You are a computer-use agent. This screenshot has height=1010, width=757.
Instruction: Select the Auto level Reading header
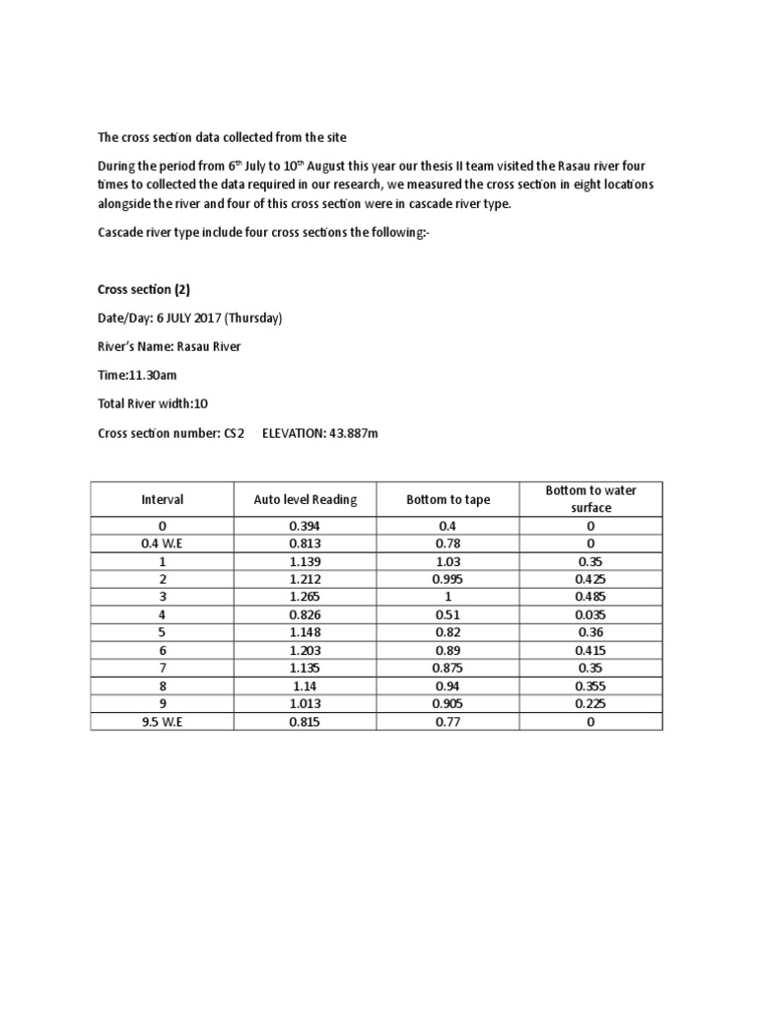coord(306,500)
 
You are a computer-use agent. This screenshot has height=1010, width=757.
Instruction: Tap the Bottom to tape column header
coord(448,500)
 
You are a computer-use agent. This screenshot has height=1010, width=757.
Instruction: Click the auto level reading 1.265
coord(306,597)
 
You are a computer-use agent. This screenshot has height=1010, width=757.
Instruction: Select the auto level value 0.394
coord(306,526)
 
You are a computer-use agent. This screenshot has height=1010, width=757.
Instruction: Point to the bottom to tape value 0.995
coord(448,579)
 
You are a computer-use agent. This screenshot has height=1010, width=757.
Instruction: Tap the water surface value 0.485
coord(591,597)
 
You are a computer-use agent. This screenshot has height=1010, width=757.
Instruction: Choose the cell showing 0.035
coord(591,614)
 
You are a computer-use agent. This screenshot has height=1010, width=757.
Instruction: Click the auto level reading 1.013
coord(306,704)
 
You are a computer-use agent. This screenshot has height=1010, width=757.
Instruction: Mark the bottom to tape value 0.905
coord(448,704)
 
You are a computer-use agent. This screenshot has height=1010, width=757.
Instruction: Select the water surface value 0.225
coord(591,704)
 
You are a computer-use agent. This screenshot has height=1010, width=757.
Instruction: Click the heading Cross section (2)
coord(143,290)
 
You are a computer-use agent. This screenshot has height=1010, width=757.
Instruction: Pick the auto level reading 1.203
coord(306,651)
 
